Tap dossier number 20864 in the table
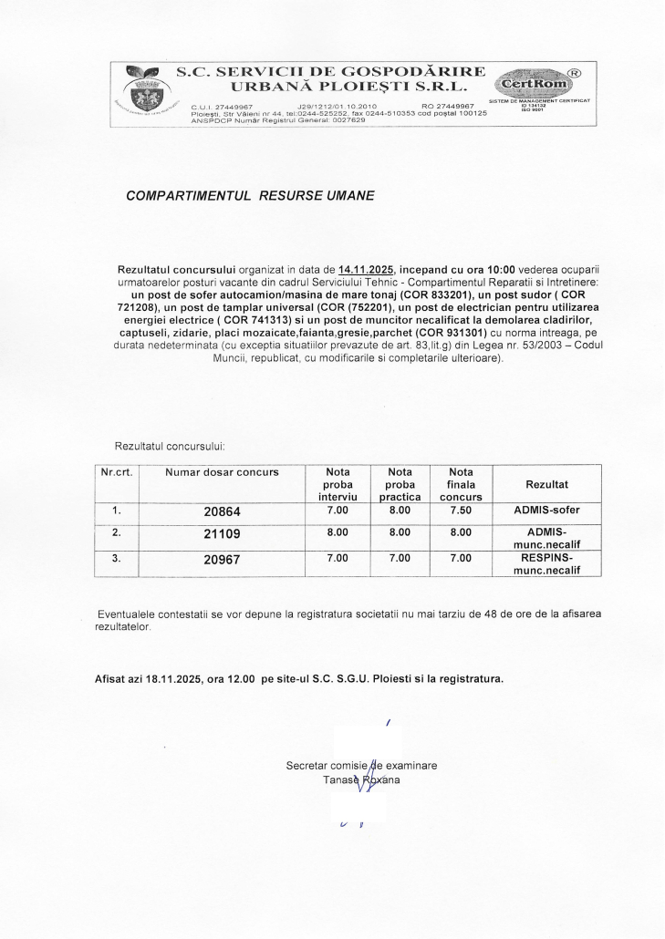223,511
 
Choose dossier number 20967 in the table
223,560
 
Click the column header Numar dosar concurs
223,472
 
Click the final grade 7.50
462,511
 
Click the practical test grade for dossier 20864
399,511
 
